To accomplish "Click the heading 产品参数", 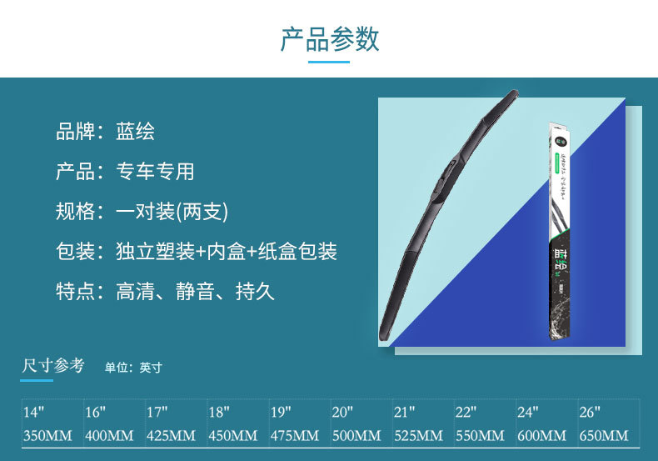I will pos(329,39).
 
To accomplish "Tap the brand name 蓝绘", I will pos(136,132).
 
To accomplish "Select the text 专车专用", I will pos(155,172).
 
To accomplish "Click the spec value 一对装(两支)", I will pos(172,212).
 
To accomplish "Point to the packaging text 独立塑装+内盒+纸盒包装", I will pos(227,252).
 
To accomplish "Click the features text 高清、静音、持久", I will pos(195,292).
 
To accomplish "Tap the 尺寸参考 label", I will pos(53,366).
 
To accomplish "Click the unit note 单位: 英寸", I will pos(133,368).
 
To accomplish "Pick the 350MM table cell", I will pos(47,435).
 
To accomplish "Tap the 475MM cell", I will pos(294,435).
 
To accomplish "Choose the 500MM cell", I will pos(356,435).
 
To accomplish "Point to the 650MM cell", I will pos(603,435).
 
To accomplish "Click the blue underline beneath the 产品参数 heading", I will pos(329,62).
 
